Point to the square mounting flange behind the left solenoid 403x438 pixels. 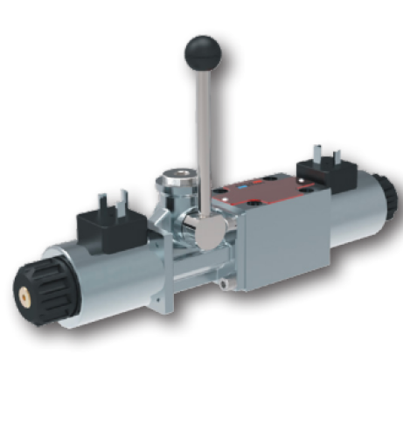point(162,262)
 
